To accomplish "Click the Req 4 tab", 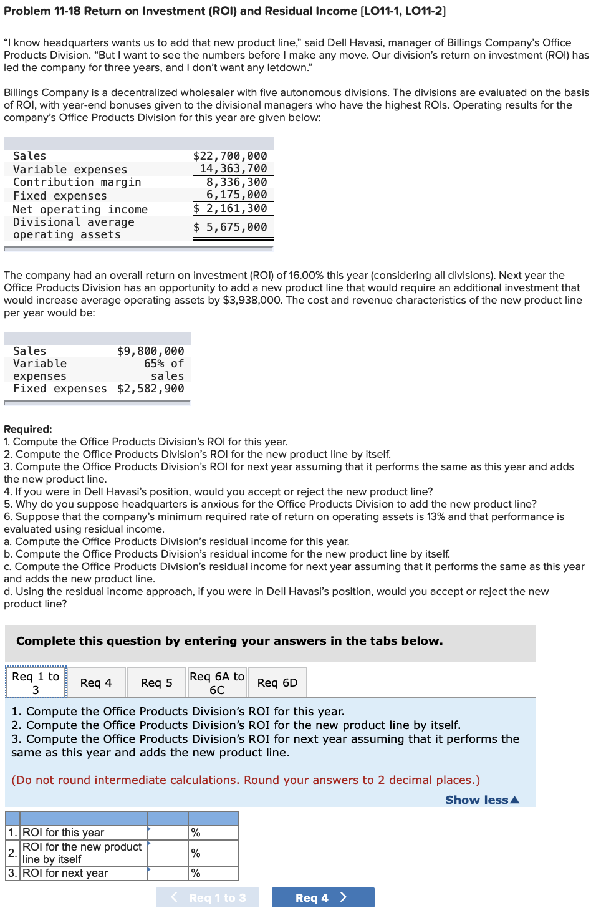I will coord(96,683).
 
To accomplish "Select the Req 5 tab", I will coord(156,683).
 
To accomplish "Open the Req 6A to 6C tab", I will coord(217,683).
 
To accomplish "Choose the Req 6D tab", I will coord(277,683).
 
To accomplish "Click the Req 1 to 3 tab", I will coord(36,683).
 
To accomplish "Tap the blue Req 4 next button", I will coord(322,897).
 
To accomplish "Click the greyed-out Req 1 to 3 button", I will coord(208,897).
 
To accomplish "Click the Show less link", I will coord(482,800).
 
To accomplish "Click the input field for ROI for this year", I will coord(168,833).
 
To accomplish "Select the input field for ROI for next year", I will coord(168,873).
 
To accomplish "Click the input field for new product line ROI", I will coord(168,853).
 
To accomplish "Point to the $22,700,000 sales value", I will coord(230,156).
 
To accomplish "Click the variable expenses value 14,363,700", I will coord(233,168).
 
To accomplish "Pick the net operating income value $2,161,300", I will coord(230,208).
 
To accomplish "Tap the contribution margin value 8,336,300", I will coord(236,182).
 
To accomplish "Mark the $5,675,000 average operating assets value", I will coord(230,227).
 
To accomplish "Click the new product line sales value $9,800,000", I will coord(150,351).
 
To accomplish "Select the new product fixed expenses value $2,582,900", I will coord(150,389).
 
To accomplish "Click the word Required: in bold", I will coord(28,429).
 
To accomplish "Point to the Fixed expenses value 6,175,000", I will coord(236,195).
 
